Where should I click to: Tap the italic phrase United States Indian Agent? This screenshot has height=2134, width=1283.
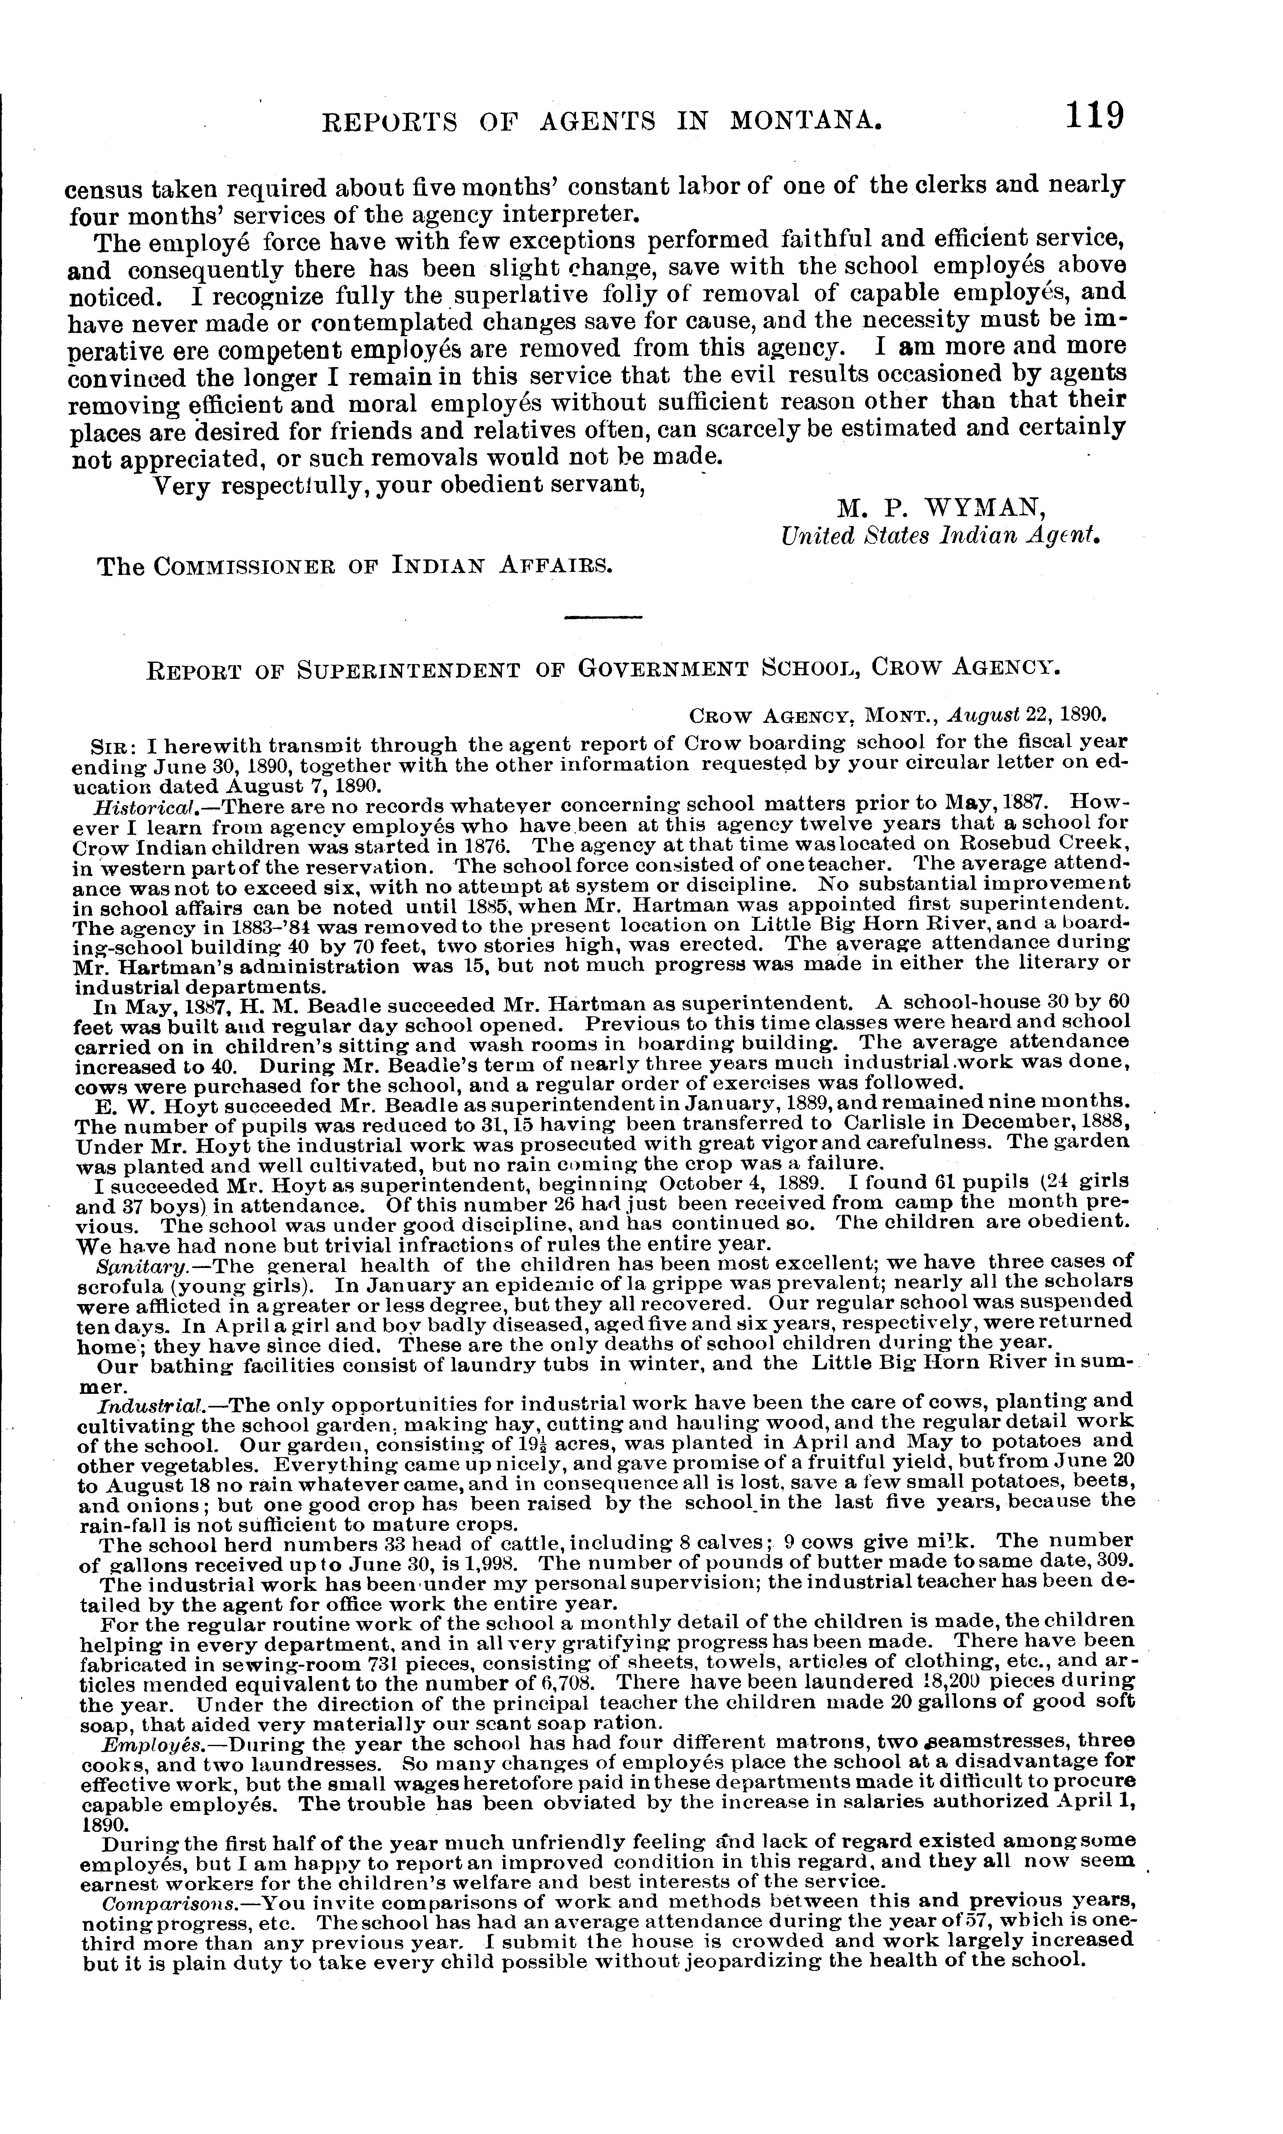tap(940, 536)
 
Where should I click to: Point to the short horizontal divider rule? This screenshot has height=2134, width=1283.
tap(602, 617)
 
